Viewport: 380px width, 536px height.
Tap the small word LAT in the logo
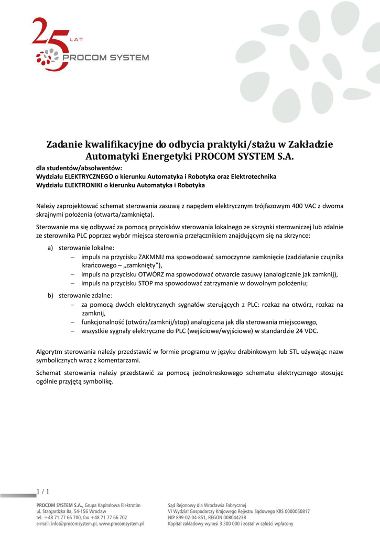click(x=75, y=39)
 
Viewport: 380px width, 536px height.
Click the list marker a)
click(x=51, y=248)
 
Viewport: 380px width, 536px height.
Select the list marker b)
click(x=51, y=295)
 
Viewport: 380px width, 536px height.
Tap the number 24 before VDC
click(x=292, y=331)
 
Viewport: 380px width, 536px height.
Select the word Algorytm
click(x=51, y=352)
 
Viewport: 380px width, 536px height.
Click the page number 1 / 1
click(x=43, y=491)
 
